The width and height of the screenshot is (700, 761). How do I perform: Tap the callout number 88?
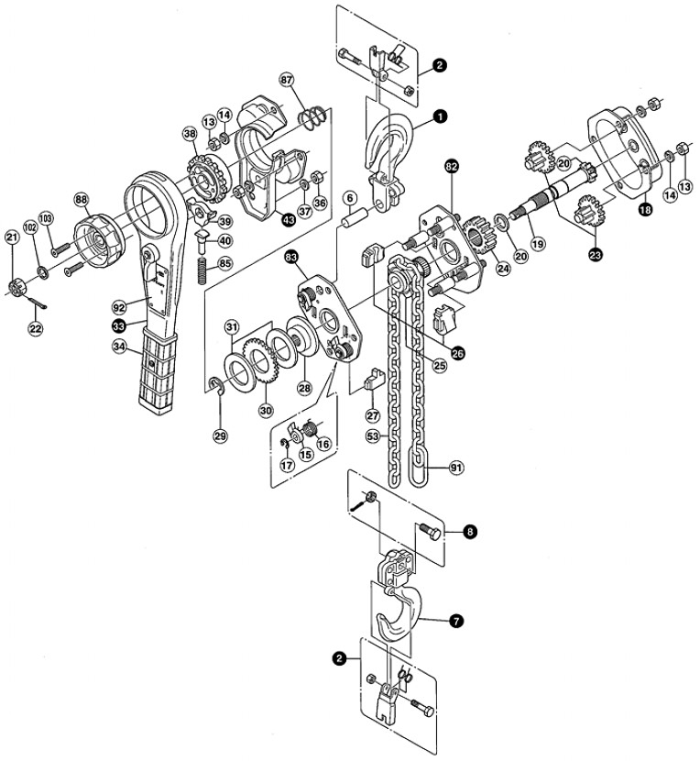(82, 197)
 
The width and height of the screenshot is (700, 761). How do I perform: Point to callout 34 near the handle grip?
(119, 346)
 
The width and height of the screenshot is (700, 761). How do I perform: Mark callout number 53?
(373, 436)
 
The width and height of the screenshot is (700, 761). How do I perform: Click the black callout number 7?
(455, 621)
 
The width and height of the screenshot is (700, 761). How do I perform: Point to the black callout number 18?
(646, 210)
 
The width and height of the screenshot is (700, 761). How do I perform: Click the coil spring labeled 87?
(314, 118)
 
